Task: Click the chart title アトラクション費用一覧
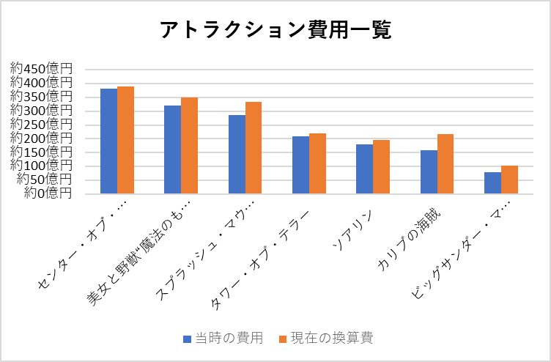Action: [x=275, y=30]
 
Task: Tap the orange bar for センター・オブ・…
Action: [x=125, y=140]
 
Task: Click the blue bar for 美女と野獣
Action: [x=172, y=149]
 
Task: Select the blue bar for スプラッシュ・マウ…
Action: [x=237, y=155]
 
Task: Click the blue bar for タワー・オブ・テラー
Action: [x=300, y=165]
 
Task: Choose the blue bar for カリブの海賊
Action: [x=429, y=172]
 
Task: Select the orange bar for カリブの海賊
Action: [x=445, y=164]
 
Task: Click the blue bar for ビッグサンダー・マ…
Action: [x=492, y=183]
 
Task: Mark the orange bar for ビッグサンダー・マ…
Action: [x=509, y=180]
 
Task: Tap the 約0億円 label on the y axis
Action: [x=48, y=193]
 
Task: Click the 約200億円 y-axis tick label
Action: [x=42, y=137]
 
